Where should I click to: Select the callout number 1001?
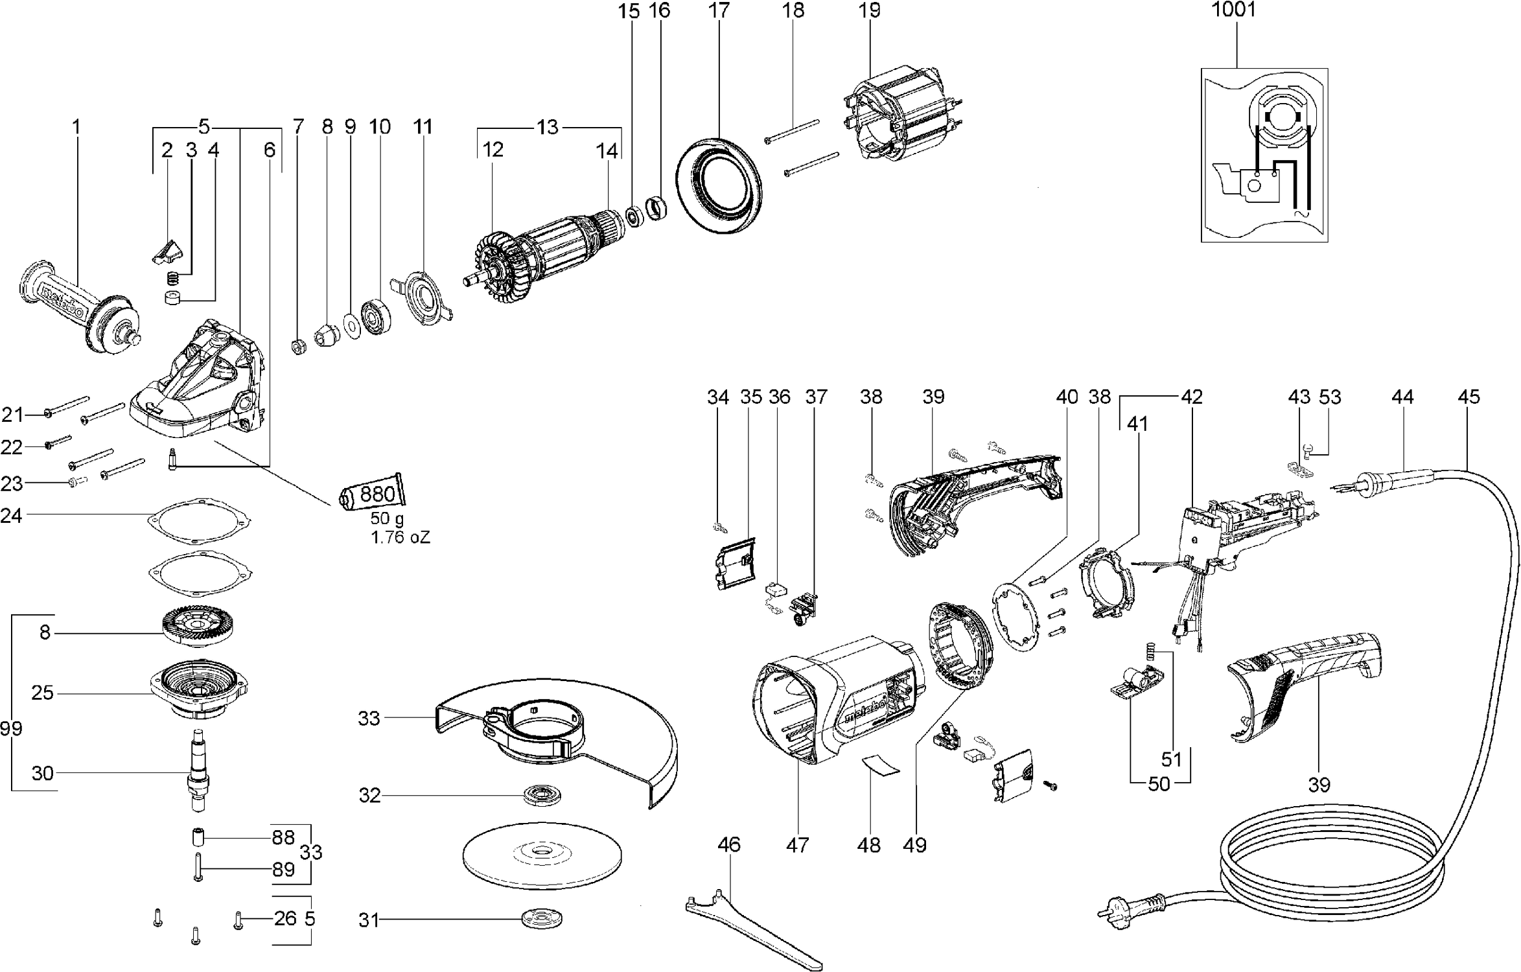(1234, 10)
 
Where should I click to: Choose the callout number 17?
(719, 10)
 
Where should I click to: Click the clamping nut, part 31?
(541, 919)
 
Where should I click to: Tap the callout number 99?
(11, 728)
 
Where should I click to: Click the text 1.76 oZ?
(400, 537)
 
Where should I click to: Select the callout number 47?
(798, 845)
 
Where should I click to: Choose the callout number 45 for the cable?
(1469, 397)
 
